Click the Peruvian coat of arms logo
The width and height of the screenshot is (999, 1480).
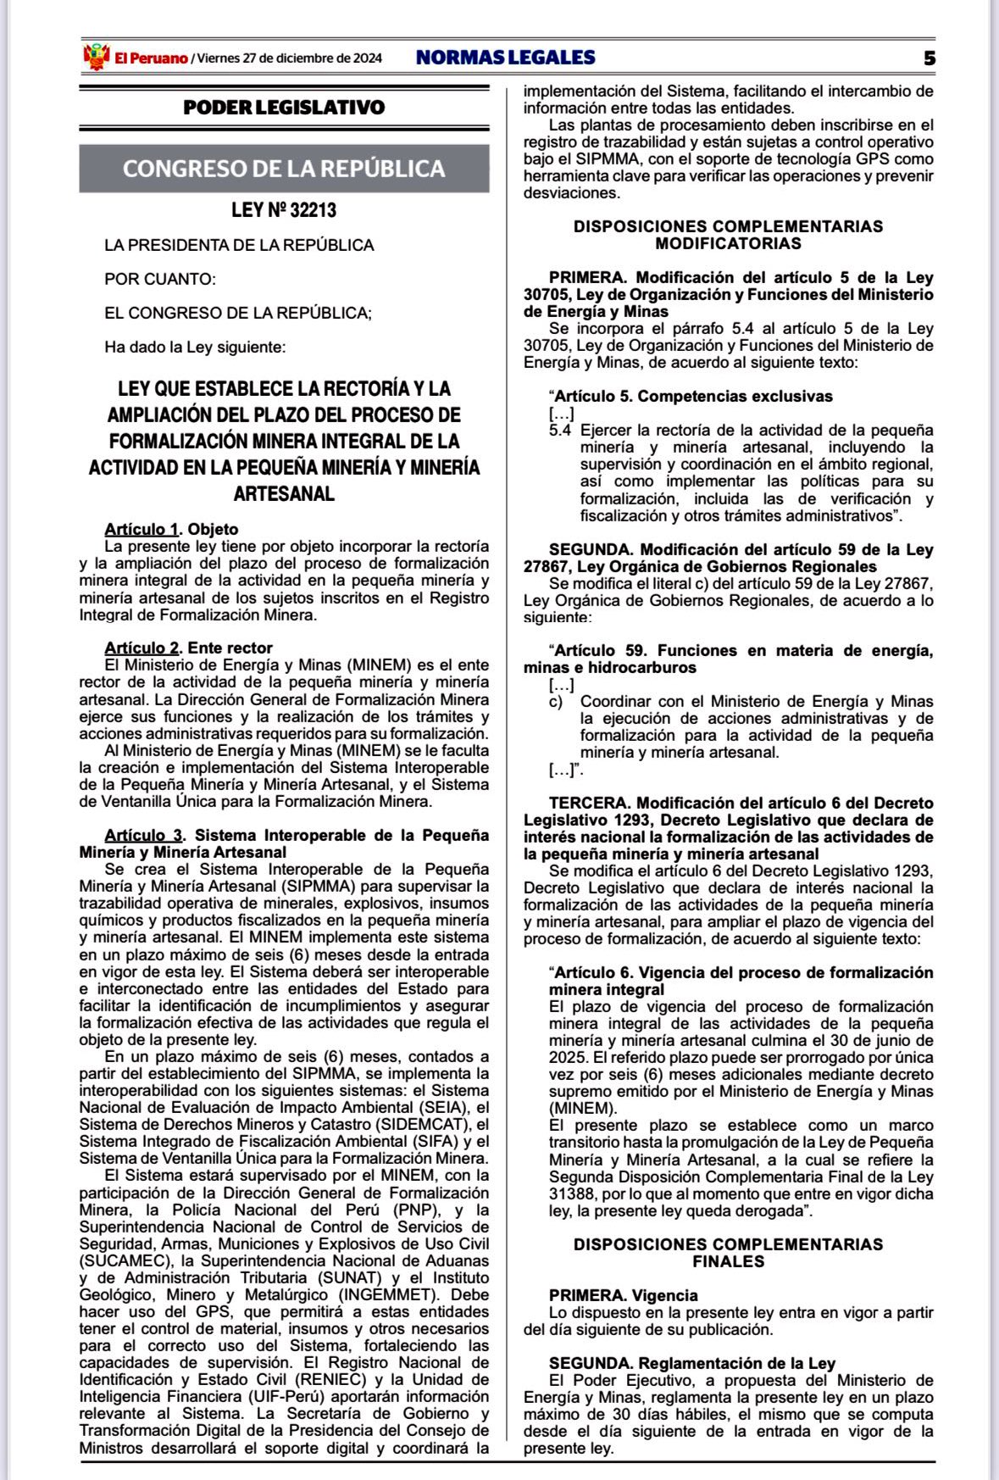click(96, 57)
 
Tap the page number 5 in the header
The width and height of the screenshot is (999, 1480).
click(930, 58)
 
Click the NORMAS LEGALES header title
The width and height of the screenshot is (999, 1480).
click(505, 58)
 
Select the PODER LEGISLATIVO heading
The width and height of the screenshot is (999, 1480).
click(284, 108)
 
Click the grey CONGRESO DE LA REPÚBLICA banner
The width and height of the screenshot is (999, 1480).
click(284, 168)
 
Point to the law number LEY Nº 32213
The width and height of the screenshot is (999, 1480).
click(284, 209)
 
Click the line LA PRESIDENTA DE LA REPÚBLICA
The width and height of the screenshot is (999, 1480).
click(239, 245)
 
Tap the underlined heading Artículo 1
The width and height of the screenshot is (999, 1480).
click(142, 530)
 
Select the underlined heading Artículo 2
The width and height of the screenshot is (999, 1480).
click(142, 648)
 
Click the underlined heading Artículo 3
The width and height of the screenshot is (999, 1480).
click(143, 836)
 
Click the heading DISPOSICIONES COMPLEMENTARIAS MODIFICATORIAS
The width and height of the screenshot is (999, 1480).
click(728, 235)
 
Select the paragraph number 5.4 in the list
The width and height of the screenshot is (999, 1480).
click(560, 431)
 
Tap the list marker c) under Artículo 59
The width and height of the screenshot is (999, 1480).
click(556, 702)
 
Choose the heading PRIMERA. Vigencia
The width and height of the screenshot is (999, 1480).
click(623, 1295)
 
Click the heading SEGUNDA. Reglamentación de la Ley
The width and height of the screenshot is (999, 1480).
click(691, 1363)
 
